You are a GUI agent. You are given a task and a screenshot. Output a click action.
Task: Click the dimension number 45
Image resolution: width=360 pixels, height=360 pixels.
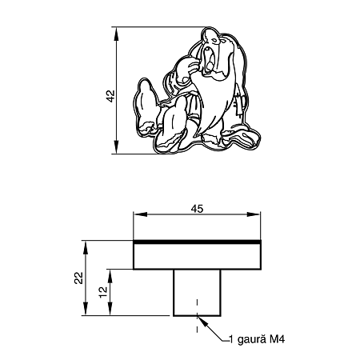[197, 208]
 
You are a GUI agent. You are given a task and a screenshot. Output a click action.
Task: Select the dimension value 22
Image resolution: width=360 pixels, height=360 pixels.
[78, 278]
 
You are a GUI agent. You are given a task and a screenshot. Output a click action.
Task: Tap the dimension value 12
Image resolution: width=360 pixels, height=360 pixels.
[103, 293]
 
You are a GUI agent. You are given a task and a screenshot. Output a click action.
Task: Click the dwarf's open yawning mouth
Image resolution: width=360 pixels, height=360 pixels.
[210, 59]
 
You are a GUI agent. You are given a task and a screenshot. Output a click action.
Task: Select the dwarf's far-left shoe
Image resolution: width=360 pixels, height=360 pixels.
[145, 100]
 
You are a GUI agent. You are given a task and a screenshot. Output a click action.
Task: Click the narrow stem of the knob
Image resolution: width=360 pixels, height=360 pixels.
[197, 294]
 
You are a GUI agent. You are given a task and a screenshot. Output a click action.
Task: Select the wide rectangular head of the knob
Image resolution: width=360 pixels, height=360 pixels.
[197, 257]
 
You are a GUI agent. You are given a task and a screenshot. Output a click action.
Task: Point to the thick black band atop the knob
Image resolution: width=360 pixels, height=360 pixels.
[197, 241]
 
